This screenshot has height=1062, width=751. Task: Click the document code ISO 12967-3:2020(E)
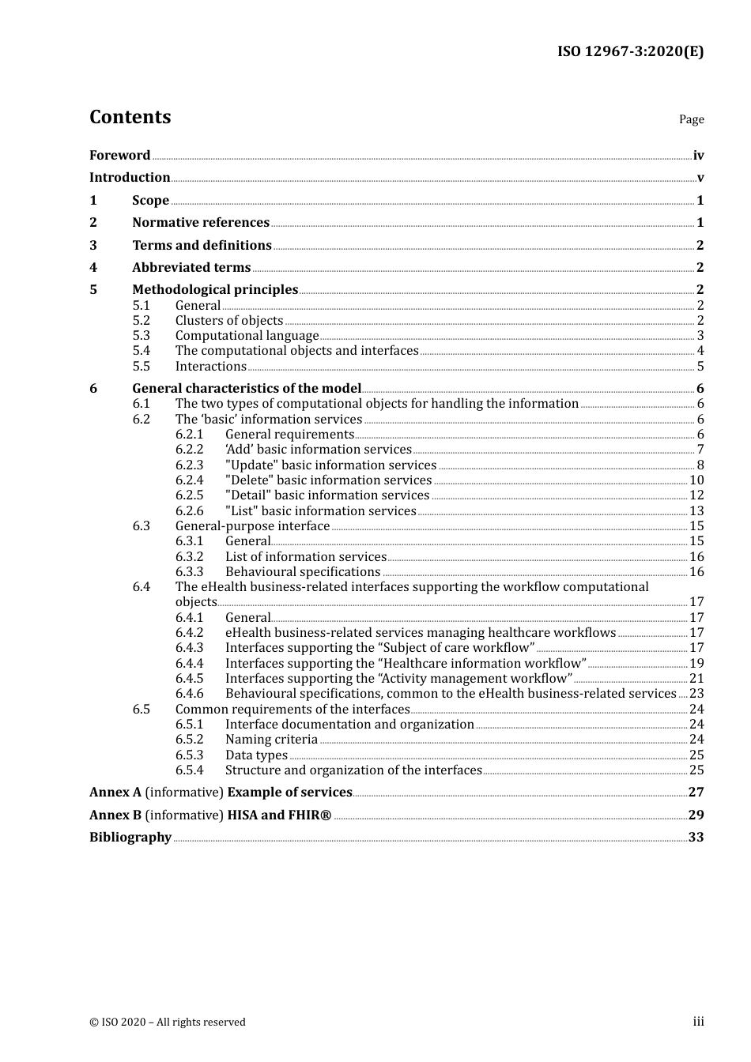(630, 51)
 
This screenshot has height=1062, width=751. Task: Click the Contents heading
(130, 117)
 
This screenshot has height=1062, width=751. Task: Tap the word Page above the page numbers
(691, 119)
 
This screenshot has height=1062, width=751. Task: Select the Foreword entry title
(119, 156)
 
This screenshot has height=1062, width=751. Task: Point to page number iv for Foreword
(698, 156)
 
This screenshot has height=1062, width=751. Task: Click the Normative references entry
(201, 223)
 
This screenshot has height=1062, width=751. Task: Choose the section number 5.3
(141, 336)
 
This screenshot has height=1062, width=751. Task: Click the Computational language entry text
(247, 336)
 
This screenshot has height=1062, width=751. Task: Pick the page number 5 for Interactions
(700, 367)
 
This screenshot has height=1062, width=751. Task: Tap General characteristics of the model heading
(247, 389)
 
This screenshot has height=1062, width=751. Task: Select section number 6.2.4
(189, 480)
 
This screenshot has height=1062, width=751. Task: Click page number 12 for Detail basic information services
(696, 495)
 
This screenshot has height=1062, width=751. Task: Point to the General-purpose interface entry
(252, 526)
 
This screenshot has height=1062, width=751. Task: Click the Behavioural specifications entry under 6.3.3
(303, 572)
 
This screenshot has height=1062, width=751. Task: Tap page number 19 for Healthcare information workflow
(696, 664)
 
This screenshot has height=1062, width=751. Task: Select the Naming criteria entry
(271, 740)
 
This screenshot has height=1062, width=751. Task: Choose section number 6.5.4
(189, 770)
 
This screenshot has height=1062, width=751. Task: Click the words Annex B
(109, 815)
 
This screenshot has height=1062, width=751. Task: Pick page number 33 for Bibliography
(696, 838)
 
